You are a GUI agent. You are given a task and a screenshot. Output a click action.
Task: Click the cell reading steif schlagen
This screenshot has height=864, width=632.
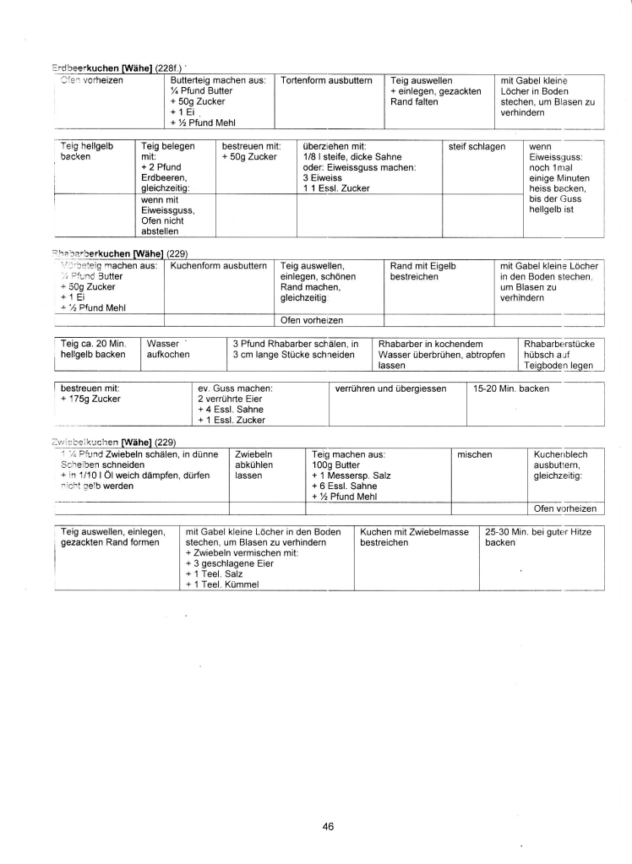(x=477, y=146)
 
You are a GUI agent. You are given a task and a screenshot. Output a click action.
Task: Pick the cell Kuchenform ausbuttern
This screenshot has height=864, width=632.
(x=219, y=265)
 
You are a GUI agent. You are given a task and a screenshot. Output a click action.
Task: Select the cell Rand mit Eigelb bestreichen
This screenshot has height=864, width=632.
(x=423, y=271)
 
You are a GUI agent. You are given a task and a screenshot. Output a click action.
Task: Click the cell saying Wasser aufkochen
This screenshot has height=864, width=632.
(x=168, y=349)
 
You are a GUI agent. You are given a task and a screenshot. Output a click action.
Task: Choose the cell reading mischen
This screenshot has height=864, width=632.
(x=474, y=454)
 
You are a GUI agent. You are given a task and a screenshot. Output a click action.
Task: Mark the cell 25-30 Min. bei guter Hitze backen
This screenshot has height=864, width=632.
(x=538, y=537)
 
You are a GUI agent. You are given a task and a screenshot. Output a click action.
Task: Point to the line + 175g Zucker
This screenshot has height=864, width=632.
(x=90, y=399)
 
